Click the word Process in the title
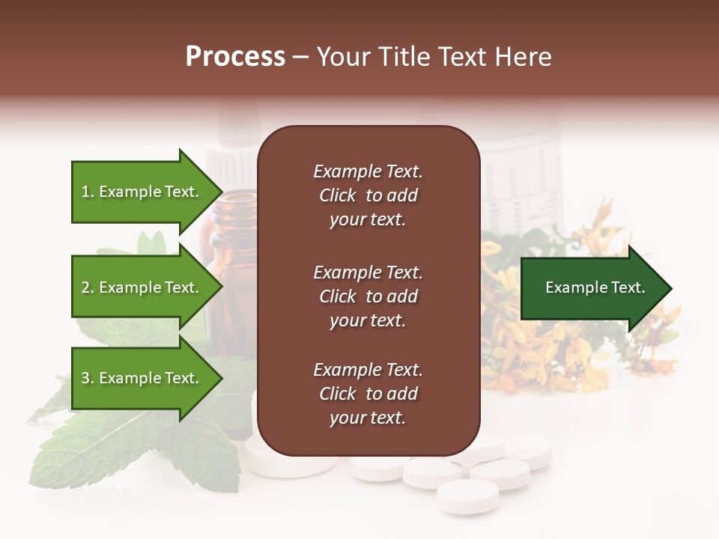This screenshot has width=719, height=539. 235,57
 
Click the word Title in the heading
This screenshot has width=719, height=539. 403,57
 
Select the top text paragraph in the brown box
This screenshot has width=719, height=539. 368,195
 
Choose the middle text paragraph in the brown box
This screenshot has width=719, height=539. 368,296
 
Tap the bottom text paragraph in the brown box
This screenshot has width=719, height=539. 368,394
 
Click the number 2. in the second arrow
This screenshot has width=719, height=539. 88,287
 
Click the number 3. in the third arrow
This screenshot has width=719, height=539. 88,378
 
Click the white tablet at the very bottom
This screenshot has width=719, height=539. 467,496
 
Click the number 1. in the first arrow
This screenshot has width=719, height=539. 88,192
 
